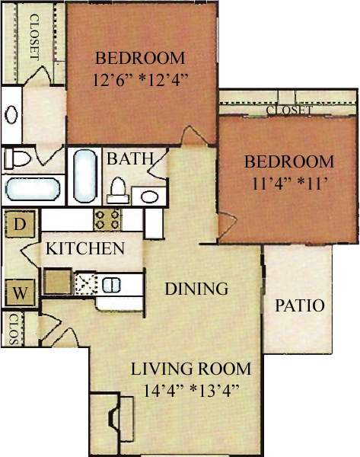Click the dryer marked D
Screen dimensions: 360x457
(20, 224)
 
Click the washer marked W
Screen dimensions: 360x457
(20, 292)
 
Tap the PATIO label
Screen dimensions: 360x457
(300, 305)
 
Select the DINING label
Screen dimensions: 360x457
(196, 289)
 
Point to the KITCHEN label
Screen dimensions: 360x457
(85, 248)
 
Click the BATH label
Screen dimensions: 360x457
(130, 159)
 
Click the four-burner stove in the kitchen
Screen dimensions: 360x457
(107, 220)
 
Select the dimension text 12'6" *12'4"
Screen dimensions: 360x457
(140, 79)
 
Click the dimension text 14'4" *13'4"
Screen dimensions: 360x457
(191, 390)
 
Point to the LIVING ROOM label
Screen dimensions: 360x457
(191, 369)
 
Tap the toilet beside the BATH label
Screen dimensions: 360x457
(118, 190)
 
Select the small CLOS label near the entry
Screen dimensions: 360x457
(14, 329)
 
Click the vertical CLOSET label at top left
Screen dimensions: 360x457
(34, 37)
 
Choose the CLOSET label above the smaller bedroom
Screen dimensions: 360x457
(289, 110)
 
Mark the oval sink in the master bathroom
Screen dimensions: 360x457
(11, 114)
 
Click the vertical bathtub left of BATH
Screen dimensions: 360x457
(84, 176)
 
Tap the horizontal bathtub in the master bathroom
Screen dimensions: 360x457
(32, 189)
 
